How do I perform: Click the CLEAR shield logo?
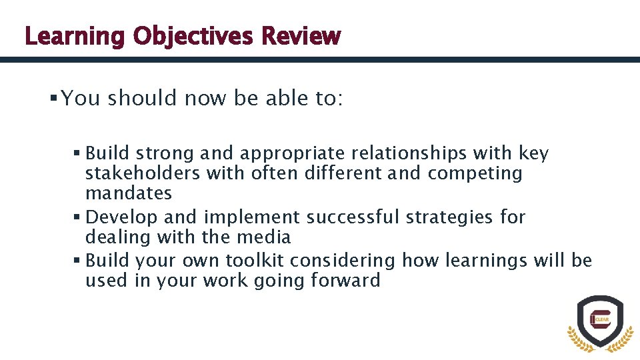coord(600,322)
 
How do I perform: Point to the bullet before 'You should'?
coord(53,99)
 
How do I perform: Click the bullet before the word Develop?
coord(79,217)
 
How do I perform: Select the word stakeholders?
coord(143,173)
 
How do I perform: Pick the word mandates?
coord(129,193)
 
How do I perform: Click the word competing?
coord(475,173)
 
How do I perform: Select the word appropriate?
coord(292,154)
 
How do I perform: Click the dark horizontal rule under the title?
coord(320,59)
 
